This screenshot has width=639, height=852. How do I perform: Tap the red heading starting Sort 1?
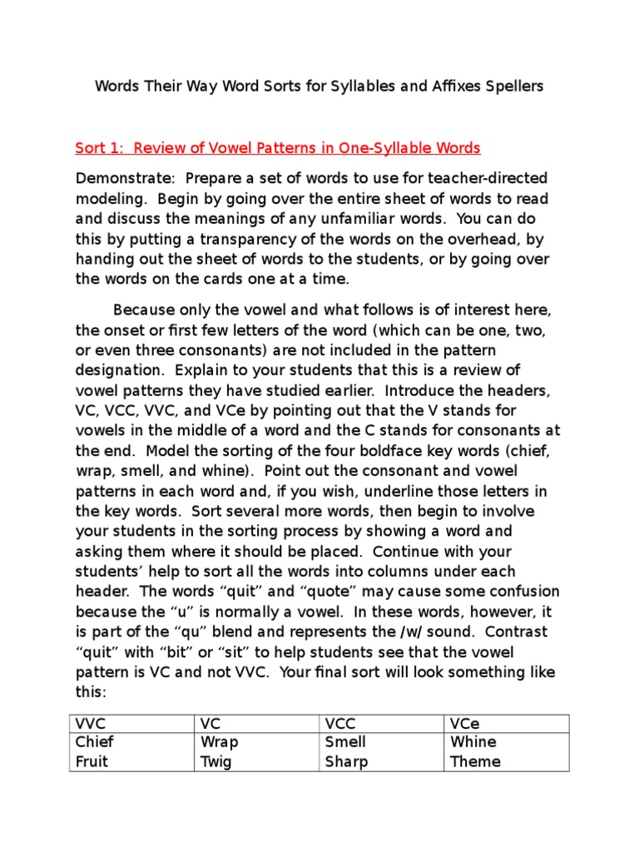[278, 149]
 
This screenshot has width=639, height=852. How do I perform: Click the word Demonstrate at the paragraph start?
[125, 179]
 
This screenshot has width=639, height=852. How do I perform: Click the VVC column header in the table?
[91, 724]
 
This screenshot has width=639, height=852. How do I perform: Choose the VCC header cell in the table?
[341, 724]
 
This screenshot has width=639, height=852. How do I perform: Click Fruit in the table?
[92, 761]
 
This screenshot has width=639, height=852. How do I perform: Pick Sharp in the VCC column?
[346, 761]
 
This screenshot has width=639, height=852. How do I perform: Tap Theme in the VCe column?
[475, 761]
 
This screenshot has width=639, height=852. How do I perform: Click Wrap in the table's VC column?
[219, 742]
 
